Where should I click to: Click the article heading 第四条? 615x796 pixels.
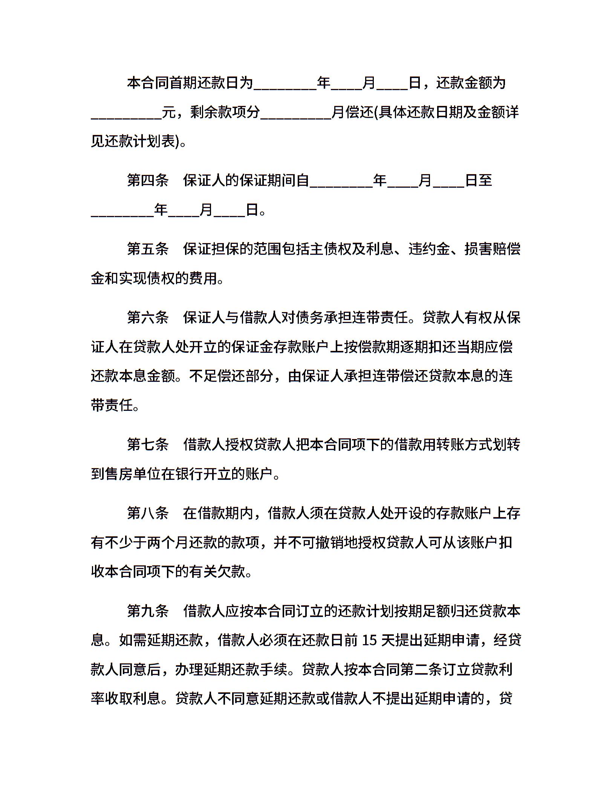(x=148, y=181)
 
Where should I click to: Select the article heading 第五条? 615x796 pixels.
(x=148, y=249)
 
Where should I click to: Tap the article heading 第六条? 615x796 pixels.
(x=148, y=317)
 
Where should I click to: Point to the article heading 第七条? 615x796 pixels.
(x=148, y=444)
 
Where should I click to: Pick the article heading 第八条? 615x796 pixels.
(x=148, y=513)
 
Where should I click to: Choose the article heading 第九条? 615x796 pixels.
(x=148, y=611)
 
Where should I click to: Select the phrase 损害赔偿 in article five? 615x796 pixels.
(x=493, y=249)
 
